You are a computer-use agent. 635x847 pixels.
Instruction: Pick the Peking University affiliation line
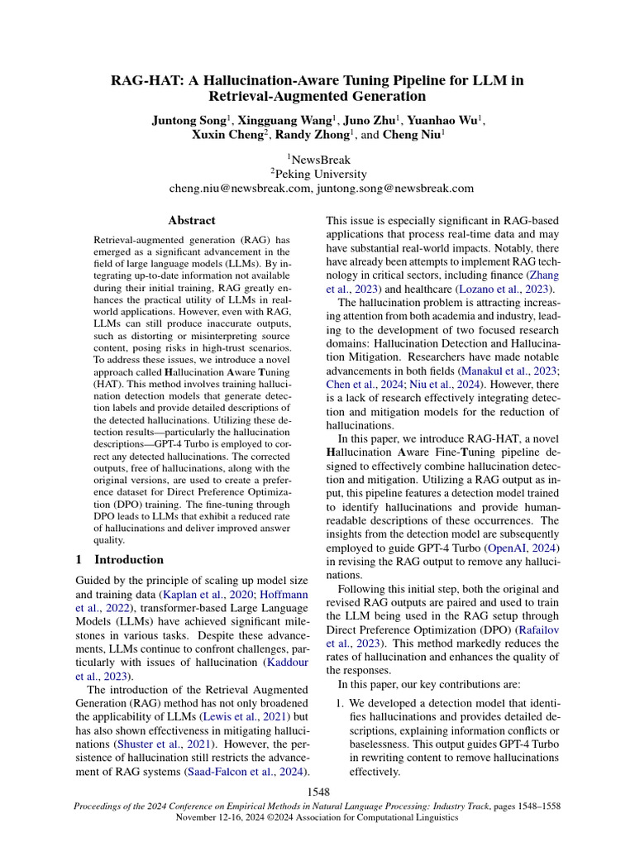click(317, 174)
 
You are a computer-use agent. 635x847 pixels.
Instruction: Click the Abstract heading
click(191, 221)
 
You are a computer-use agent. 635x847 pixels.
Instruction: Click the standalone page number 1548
click(317, 793)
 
